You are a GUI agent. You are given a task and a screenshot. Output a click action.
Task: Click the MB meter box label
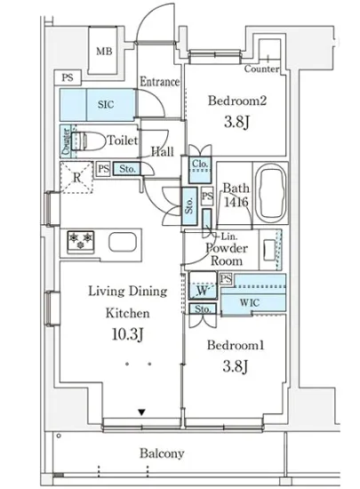(104, 52)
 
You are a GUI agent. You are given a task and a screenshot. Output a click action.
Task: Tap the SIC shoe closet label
(106, 105)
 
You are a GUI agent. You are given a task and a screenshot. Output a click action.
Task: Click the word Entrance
(160, 82)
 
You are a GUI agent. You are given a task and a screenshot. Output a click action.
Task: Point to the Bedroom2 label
(236, 100)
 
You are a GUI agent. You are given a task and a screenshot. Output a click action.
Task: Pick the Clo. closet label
(200, 164)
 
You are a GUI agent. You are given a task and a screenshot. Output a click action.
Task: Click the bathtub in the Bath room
(270, 192)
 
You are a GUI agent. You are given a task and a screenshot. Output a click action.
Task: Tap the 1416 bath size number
(236, 203)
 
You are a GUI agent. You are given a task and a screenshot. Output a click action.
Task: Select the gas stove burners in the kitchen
(81, 241)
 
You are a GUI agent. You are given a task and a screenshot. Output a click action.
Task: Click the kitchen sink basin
(123, 243)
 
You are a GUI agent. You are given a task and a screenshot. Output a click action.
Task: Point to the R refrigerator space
(76, 178)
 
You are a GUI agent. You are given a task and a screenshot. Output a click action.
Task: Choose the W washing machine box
(203, 285)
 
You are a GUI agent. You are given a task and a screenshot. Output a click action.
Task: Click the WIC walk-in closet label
(250, 302)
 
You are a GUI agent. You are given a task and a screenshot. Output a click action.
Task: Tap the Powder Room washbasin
(269, 250)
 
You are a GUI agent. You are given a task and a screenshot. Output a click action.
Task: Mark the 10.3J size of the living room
(127, 334)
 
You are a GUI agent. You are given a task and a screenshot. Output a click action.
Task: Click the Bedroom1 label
(236, 345)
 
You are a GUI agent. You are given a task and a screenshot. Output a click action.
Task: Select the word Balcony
(162, 453)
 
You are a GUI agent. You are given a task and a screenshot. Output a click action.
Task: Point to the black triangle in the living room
(142, 413)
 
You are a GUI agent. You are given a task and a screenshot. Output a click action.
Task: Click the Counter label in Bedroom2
(261, 68)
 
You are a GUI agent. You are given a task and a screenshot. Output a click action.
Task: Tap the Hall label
(163, 152)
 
